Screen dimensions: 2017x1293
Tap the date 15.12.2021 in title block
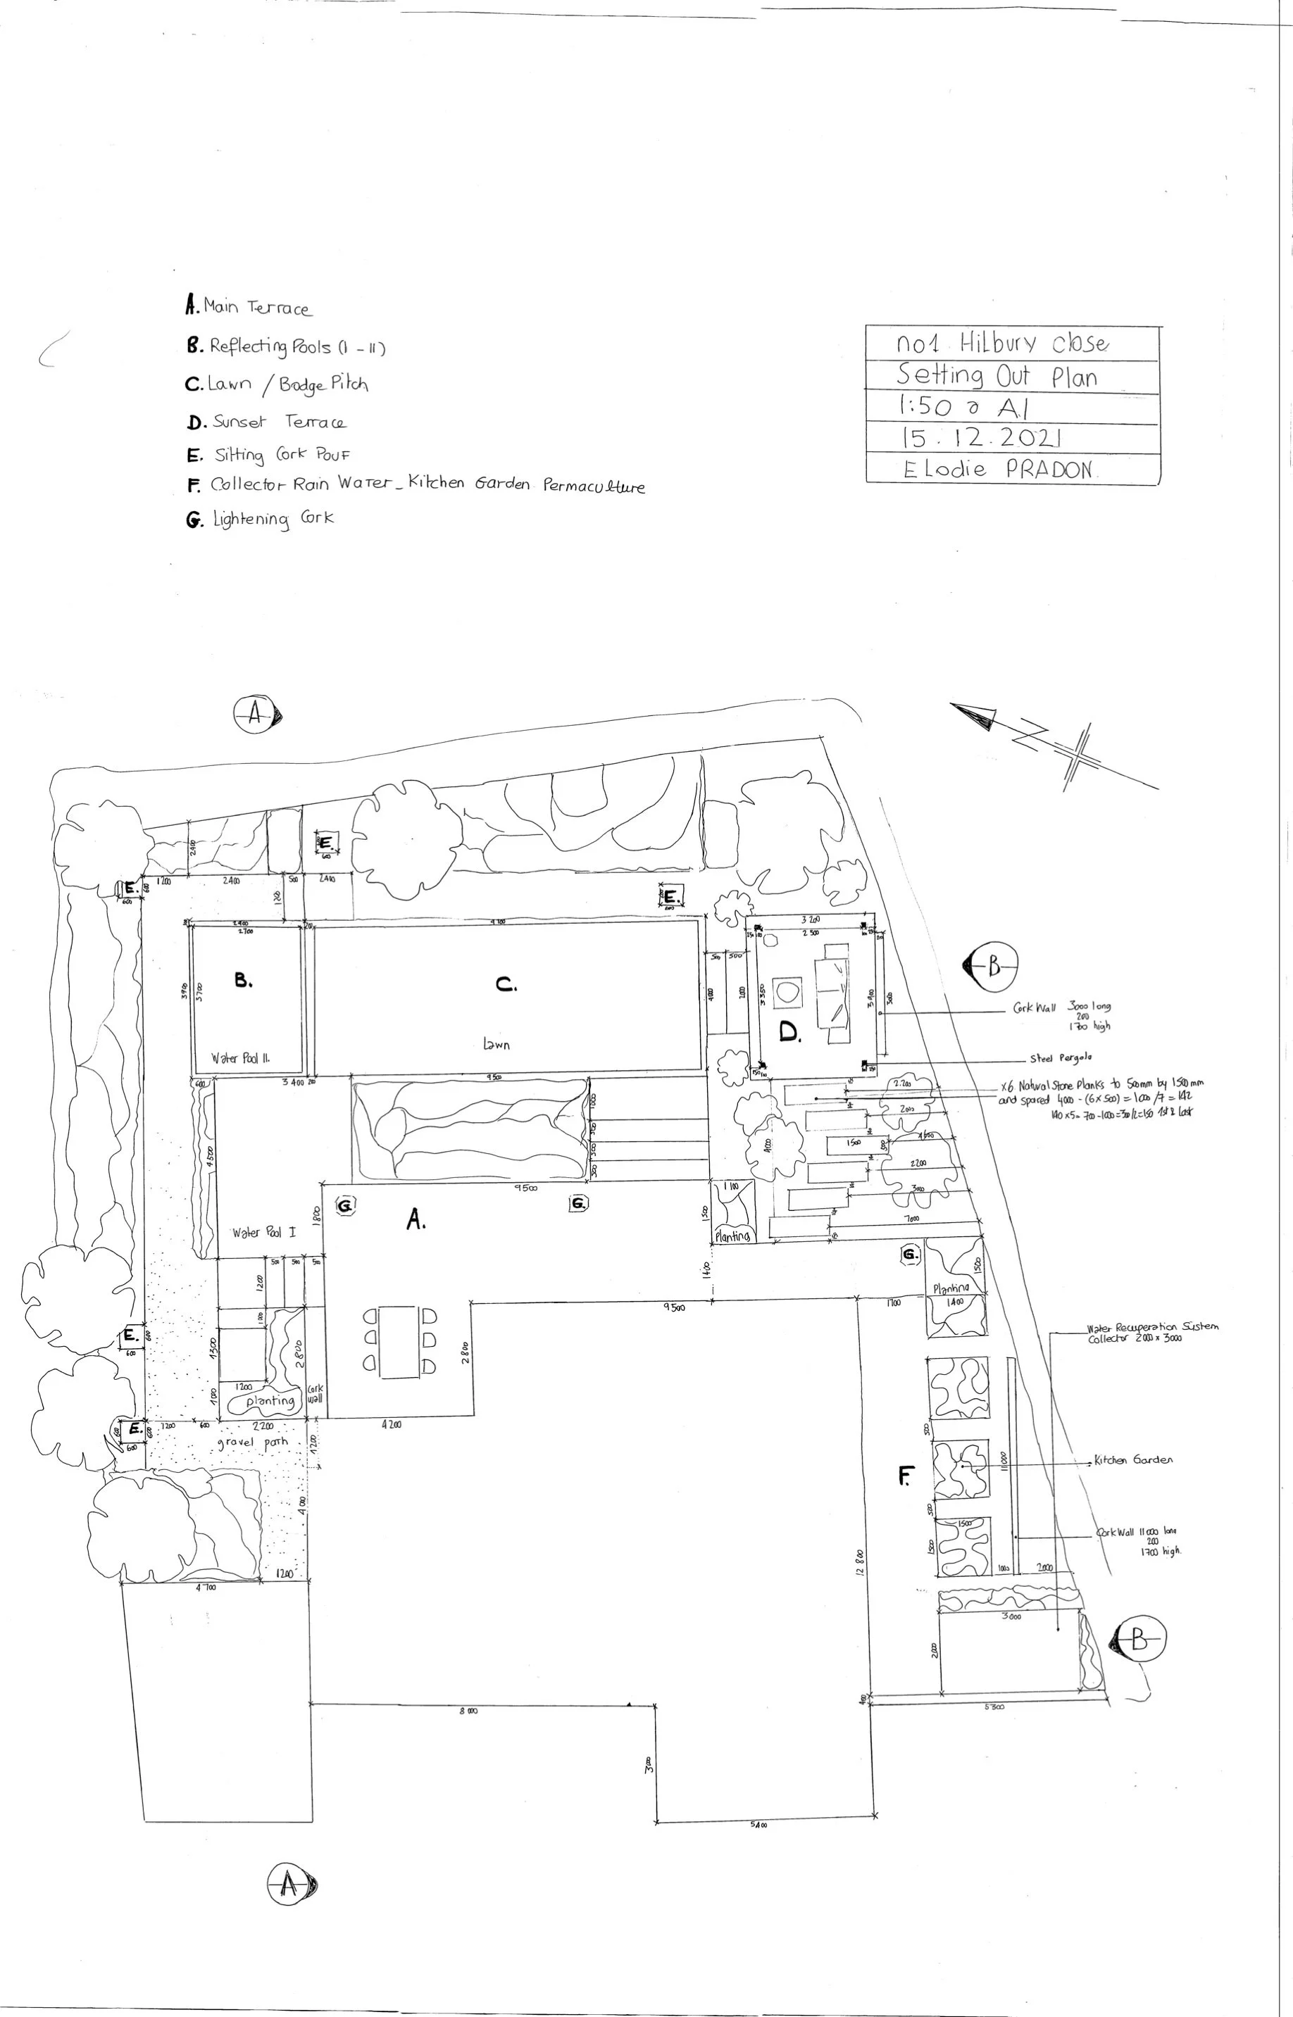tap(982, 438)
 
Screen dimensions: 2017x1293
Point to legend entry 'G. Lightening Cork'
tap(261, 519)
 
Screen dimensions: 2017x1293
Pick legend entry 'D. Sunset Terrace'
tap(266, 422)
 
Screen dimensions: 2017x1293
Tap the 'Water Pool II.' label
tap(240, 1058)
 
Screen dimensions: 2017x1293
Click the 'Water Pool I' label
tap(263, 1233)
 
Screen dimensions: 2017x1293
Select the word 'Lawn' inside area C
tap(496, 1045)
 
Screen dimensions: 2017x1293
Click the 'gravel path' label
tap(252, 1443)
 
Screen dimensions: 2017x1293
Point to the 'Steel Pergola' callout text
tap(1061, 1058)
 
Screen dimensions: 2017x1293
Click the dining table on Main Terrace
tap(399, 1341)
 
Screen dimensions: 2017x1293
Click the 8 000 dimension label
tap(468, 1711)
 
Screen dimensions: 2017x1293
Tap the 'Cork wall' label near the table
tap(314, 1394)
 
